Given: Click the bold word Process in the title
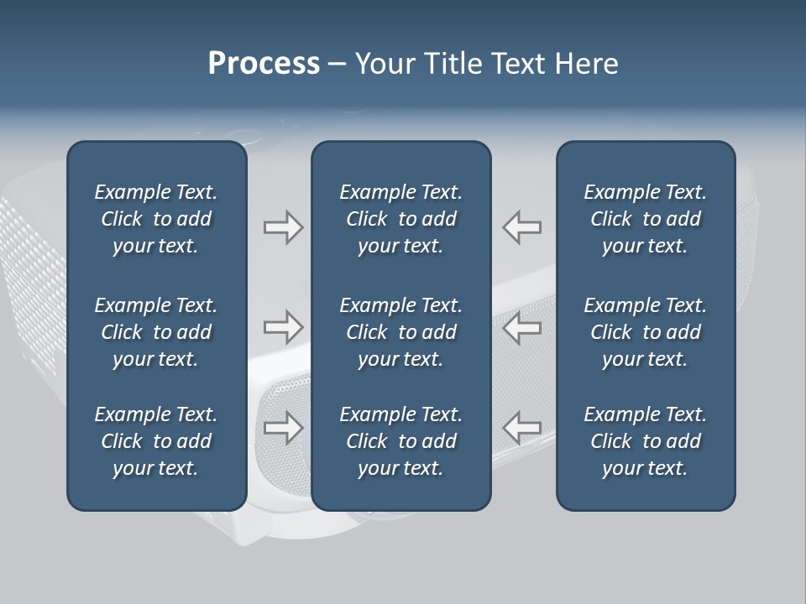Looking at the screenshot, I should [x=264, y=64].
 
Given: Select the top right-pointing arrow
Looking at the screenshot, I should [x=283, y=227].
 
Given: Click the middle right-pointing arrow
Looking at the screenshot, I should [x=283, y=327].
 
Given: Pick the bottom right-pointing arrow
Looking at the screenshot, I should [x=283, y=428].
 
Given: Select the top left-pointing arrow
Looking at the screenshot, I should [x=522, y=227].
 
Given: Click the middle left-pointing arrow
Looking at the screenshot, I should [x=522, y=327].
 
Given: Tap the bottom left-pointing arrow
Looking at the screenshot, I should [x=522, y=428].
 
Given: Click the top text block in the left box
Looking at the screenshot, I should [x=156, y=219].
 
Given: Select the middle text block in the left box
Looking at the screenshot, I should [x=156, y=332].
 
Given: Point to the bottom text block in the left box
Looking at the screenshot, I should [x=156, y=441].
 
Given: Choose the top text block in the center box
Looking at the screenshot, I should [x=401, y=219].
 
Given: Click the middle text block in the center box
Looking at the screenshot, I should [x=401, y=332].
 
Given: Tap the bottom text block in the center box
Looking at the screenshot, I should [x=401, y=441].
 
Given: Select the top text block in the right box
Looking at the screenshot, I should [x=646, y=219].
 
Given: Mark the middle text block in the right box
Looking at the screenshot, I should [x=646, y=332].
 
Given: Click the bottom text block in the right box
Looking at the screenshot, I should [x=646, y=441].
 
